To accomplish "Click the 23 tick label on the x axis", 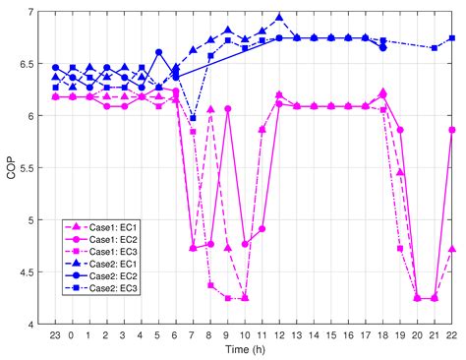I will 55,334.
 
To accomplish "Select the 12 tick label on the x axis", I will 279,334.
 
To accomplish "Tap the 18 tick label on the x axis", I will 382,334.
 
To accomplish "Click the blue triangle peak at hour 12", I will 279,18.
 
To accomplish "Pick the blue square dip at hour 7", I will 193,118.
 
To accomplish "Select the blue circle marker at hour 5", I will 158,52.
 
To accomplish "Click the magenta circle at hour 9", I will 227,109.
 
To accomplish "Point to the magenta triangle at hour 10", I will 245,297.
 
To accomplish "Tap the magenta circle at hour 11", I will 262,228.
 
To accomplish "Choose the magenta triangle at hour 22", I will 451,249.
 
